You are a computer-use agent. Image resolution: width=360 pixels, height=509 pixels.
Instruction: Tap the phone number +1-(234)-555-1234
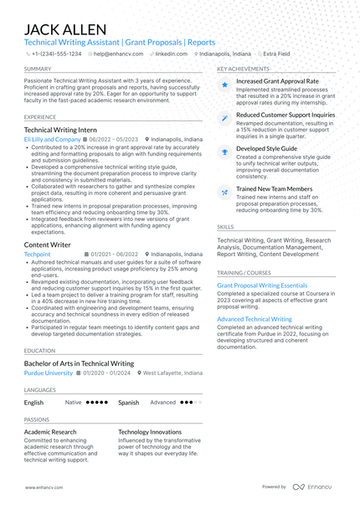(x=56, y=53)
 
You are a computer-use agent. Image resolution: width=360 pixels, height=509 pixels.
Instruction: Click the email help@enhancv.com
(x=118, y=53)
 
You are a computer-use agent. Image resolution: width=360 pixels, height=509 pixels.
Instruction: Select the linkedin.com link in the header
(x=171, y=53)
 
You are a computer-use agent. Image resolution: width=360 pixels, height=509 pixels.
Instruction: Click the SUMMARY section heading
(x=38, y=69)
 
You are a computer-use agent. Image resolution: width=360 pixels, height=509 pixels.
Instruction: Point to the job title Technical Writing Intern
(x=66, y=130)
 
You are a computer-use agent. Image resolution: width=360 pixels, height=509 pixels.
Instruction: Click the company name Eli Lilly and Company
(x=52, y=140)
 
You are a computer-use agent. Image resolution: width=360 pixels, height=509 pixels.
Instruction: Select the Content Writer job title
(x=48, y=244)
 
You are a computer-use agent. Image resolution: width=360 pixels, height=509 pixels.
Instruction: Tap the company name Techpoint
(x=38, y=254)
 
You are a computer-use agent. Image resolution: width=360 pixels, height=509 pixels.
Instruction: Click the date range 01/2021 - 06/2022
(x=115, y=254)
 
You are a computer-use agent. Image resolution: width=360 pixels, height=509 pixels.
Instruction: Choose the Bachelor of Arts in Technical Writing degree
(x=79, y=363)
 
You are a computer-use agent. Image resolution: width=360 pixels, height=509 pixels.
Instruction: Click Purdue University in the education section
(x=49, y=373)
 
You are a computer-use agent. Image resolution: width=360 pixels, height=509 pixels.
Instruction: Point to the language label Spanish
(x=128, y=402)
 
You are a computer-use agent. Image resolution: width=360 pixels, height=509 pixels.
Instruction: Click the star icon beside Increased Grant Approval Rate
(x=224, y=85)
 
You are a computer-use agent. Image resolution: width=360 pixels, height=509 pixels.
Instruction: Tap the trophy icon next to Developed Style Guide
(x=224, y=152)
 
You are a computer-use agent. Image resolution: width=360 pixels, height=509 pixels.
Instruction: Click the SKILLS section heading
(x=225, y=226)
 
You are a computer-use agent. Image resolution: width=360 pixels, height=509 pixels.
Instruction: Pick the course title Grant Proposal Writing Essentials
(x=262, y=285)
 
